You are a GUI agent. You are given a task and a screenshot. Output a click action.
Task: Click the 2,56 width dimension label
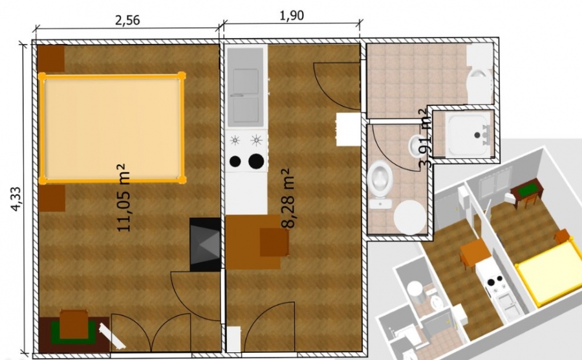(x=127, y=20)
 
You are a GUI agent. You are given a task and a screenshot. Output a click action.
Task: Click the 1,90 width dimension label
(x=292, y=16)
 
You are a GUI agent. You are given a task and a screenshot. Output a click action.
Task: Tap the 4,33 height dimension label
(x=16, y=199)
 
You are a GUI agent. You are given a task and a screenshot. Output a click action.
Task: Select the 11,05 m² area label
(x=124, y=198)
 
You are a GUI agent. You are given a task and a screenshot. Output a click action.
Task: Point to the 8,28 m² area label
(x=287, y=198)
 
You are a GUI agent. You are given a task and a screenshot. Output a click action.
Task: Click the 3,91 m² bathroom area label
(x=425, y=138)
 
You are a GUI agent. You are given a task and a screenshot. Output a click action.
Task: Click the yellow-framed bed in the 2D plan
(x=112, y=128)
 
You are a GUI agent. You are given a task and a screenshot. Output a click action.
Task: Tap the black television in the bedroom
(x=205, y=244)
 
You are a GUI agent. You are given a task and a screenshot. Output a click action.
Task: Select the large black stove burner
(x=256, y=161)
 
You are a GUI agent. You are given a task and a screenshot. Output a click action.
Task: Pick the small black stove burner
(x=235, y=161)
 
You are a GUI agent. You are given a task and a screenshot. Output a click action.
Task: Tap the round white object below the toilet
(x=410, y=217)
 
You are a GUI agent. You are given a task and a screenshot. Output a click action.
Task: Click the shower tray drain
(x=477, y=136)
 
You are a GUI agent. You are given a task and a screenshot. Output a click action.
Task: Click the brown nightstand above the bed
(x=52, y=58)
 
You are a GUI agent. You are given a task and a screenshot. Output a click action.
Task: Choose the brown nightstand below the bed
(x=52, y=198)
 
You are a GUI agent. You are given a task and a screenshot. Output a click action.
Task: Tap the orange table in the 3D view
(x=475, y=251)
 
